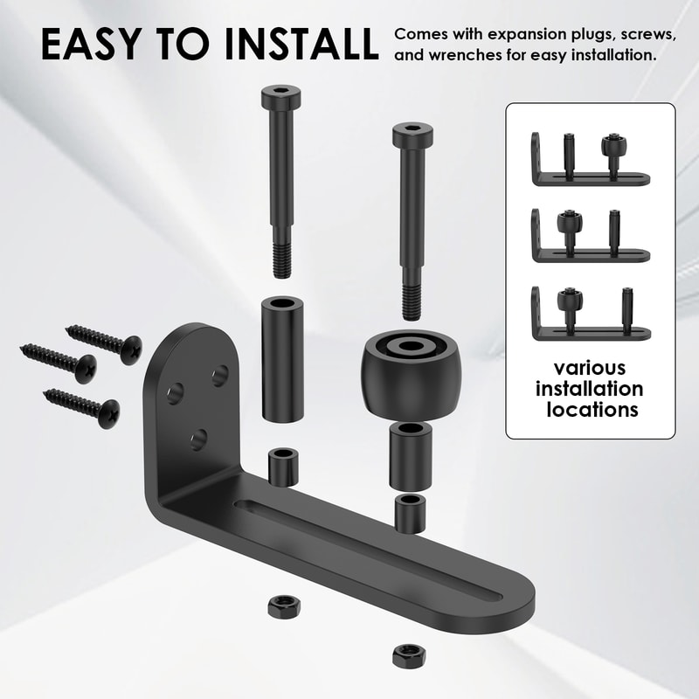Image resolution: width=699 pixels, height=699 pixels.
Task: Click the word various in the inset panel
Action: pyautogui.click(x=592, y=368)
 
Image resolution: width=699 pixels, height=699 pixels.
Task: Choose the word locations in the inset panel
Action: pyautogui.click(x=592, y=409)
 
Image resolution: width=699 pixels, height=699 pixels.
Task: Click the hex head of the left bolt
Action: pyautogui.click(x=280, y=94)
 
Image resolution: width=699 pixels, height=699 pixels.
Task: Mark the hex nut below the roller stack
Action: pyautogui.click(x=405, y=652)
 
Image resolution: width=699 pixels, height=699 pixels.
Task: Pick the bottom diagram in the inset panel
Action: pyautogui.click(x=590, y=313)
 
